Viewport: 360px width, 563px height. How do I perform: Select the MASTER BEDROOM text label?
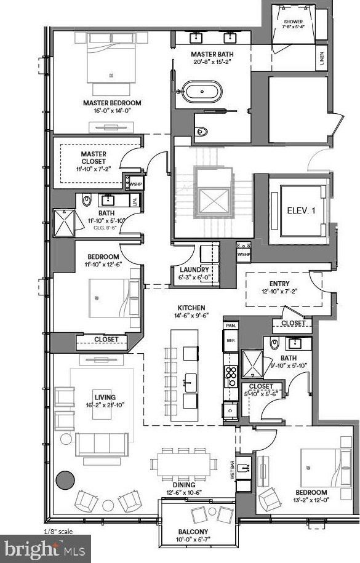pos(112,103)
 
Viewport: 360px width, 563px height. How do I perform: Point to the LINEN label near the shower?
pos(322,60)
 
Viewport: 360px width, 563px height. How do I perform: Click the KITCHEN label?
pos(191,308)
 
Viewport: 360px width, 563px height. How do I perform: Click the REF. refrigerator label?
pos(231,340)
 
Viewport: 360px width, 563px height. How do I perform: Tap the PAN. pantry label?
pos(231,325)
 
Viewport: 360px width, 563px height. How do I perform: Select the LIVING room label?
pos(105,397)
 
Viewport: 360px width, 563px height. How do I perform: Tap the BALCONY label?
pos(193,532)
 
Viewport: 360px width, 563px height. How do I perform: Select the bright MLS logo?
pos(44,548)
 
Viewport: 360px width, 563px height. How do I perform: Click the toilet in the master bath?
pos(200,130)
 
